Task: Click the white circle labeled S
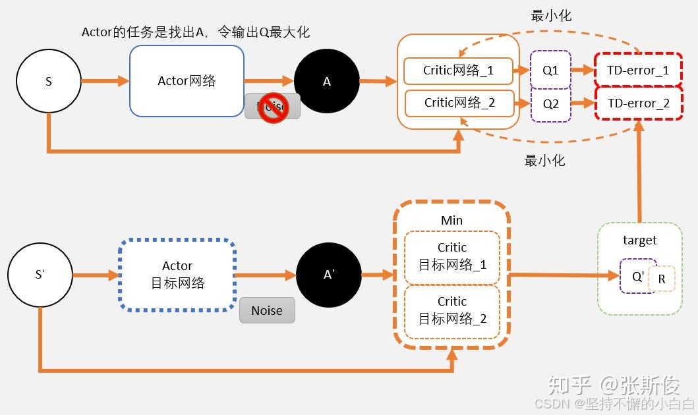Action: (x=49, y=81)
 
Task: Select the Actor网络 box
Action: (x=187, y=81)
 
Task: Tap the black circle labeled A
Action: (x=326, y=81)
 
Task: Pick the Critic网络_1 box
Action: (x=458, y=70)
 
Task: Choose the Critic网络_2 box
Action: (x=459, y=103)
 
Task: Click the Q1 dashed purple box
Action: (x=550, y=70)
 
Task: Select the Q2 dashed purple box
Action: (x=550, y=103)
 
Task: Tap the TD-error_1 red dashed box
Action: (x=638, y=70)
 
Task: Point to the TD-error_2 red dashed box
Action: (x=638, y=103)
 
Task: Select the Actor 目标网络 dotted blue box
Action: (x=177, y=275)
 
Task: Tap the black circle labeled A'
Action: (x=329, y=275)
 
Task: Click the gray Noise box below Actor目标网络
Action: (x=266, y=310)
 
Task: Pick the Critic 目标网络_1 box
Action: (x=452, y=256)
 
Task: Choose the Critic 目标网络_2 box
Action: (x=452, y=310)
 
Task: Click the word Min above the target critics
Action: (x=451, y=221)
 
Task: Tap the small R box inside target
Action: (x=662, y=279)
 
